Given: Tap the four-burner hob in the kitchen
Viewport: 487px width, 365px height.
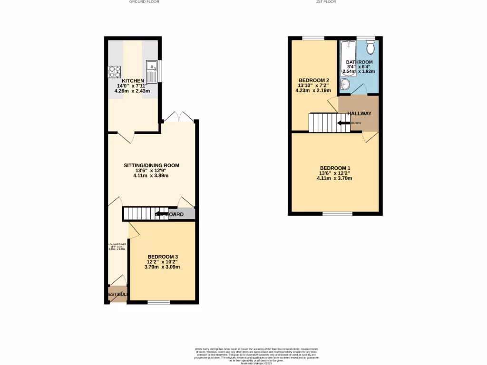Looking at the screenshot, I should pos(115,71).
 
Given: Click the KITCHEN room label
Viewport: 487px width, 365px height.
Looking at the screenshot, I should pos(134,81).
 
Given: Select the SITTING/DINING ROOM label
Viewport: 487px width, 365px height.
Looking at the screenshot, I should pos(151,165).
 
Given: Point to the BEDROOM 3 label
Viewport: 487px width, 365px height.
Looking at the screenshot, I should pos(162,257).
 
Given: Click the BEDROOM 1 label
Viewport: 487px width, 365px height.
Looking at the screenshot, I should pos(335,168).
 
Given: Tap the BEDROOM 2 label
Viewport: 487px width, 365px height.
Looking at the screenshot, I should pos(313,80).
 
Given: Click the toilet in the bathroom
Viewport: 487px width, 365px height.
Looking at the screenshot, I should pos(370,47).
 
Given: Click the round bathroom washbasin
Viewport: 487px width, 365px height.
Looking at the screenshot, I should pos(345,85).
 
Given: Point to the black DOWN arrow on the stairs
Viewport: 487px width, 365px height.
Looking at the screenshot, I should pos(343,123).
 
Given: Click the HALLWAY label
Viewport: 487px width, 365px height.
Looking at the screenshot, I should pos(359,114).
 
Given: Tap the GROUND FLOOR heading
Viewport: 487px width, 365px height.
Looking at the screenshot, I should pos(144,2).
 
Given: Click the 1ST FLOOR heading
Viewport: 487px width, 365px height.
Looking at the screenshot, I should pos(326,2).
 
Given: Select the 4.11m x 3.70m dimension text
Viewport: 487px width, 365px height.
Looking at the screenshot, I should pos(334,178).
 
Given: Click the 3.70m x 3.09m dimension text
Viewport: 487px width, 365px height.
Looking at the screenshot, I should pos(162,267).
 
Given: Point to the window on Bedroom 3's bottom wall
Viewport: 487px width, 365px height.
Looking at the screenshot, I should pos(158,302).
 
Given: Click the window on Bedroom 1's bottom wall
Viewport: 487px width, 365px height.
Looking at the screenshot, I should pos(337,214).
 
